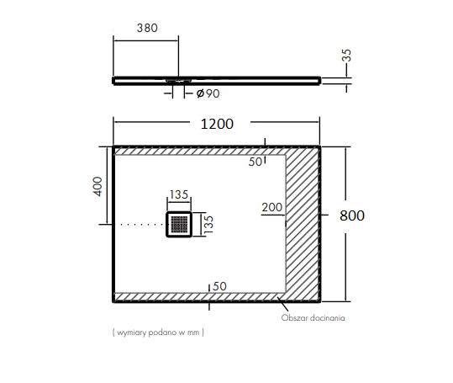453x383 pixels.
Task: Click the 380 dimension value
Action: [147, 28]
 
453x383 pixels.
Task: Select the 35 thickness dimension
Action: [346, 56]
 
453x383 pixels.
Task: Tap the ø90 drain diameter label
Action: [208, 93]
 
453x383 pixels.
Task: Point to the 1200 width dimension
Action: [217, 124]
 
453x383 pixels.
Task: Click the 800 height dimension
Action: [352, 215]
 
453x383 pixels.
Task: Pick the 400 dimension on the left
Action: [97, 186]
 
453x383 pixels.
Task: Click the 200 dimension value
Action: [271, 207]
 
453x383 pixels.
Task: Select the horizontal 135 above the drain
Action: [179, 194]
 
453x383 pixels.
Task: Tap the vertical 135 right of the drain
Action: [208, 225]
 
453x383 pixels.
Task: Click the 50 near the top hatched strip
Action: [255, 162]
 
